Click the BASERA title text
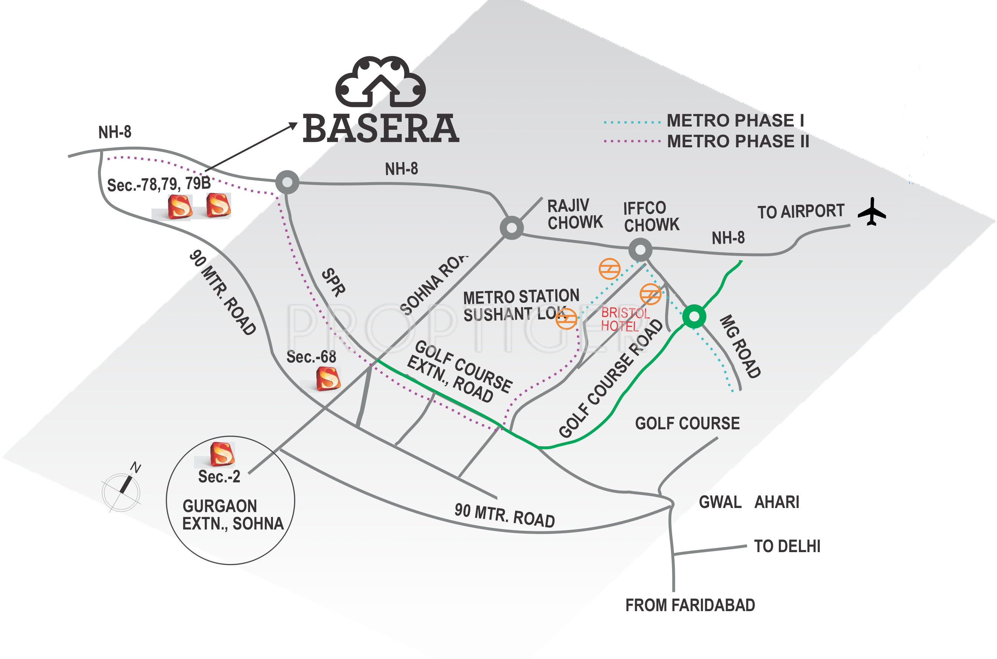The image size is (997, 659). point(381,129)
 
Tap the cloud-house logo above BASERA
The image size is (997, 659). point(381,82)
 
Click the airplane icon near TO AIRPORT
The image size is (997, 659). point(872,212)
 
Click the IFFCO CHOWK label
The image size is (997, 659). point(651,216)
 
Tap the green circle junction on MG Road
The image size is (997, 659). point(694,316)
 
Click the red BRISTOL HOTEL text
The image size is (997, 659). point(625,319)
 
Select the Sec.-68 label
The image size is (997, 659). point(311,357)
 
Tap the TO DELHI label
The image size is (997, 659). point(787,546)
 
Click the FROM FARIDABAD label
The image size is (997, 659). point(690,606)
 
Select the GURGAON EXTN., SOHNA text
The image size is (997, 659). point(233,515)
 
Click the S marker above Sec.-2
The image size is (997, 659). point(222,454)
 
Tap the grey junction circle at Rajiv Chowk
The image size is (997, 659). point(511,228)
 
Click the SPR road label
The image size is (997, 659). point(333,282)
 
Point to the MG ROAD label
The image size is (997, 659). point(740,346)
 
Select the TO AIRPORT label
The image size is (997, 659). point(801,212)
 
